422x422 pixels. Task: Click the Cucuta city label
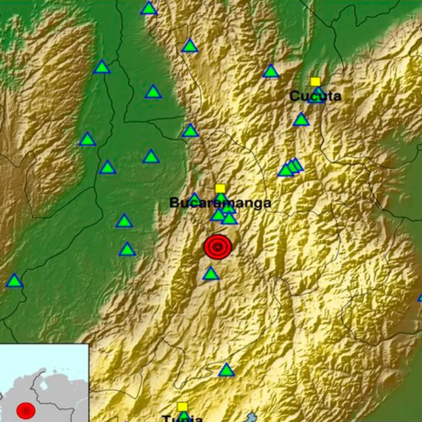click(x=315, y=96)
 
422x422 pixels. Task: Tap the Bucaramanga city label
click(x=220, y=203)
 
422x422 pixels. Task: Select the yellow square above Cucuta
click(x=315, y=82)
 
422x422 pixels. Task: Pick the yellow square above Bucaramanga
click(x=220, y=188)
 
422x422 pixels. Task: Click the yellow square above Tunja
click(x=182, y=406)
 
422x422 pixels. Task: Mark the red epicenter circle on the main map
click(x=218, y=247)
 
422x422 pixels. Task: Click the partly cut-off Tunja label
click(x=182, y=419)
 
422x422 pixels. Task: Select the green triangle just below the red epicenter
click(x=211, y=273)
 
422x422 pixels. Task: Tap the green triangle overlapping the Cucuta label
click(x=317, y=96)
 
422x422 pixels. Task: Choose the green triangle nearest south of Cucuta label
click(x=301, y=120)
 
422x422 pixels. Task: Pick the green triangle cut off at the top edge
click(x=149, y=8)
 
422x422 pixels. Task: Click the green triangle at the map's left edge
click(x=14, y=281)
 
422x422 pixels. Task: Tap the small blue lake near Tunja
click(x=251, y=417)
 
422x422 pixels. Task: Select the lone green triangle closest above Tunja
click(x=226, y=370)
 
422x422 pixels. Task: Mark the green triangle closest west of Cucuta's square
click(x=271, y=71)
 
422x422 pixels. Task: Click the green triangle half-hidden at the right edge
click(x=420, y=297)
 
